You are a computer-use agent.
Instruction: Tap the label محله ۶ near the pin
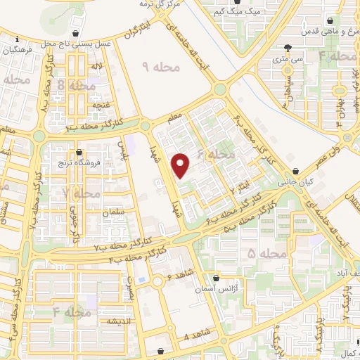point(214,154)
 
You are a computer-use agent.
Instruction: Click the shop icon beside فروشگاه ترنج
point(79,152)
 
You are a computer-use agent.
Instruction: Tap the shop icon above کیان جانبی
point(296,170)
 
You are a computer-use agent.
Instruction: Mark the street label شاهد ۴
point(195,337)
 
